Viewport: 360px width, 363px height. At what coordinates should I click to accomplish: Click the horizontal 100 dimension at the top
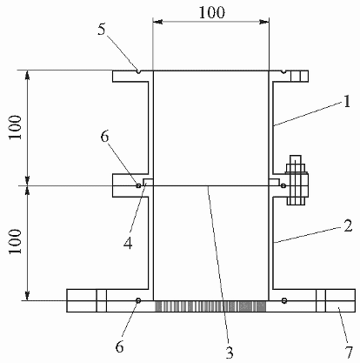[x=211, y=13]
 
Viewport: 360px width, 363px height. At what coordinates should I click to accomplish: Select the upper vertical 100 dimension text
[x=15, y=127]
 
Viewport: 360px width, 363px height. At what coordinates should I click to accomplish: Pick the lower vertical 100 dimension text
[x=15, y=241]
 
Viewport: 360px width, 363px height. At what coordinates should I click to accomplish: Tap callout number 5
[x=101, y=30]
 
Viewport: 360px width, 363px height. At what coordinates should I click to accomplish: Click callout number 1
[x=347, y=102]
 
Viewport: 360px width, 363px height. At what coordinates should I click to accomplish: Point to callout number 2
[x=348, y=226]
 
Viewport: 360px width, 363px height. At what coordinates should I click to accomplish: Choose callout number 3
[x=230, y=353]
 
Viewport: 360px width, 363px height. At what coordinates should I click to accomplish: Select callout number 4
[x=128, y=243]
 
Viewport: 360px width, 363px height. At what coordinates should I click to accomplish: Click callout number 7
[x=349, y=353]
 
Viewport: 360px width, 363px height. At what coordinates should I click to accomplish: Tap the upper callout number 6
[x=104, y=137]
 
